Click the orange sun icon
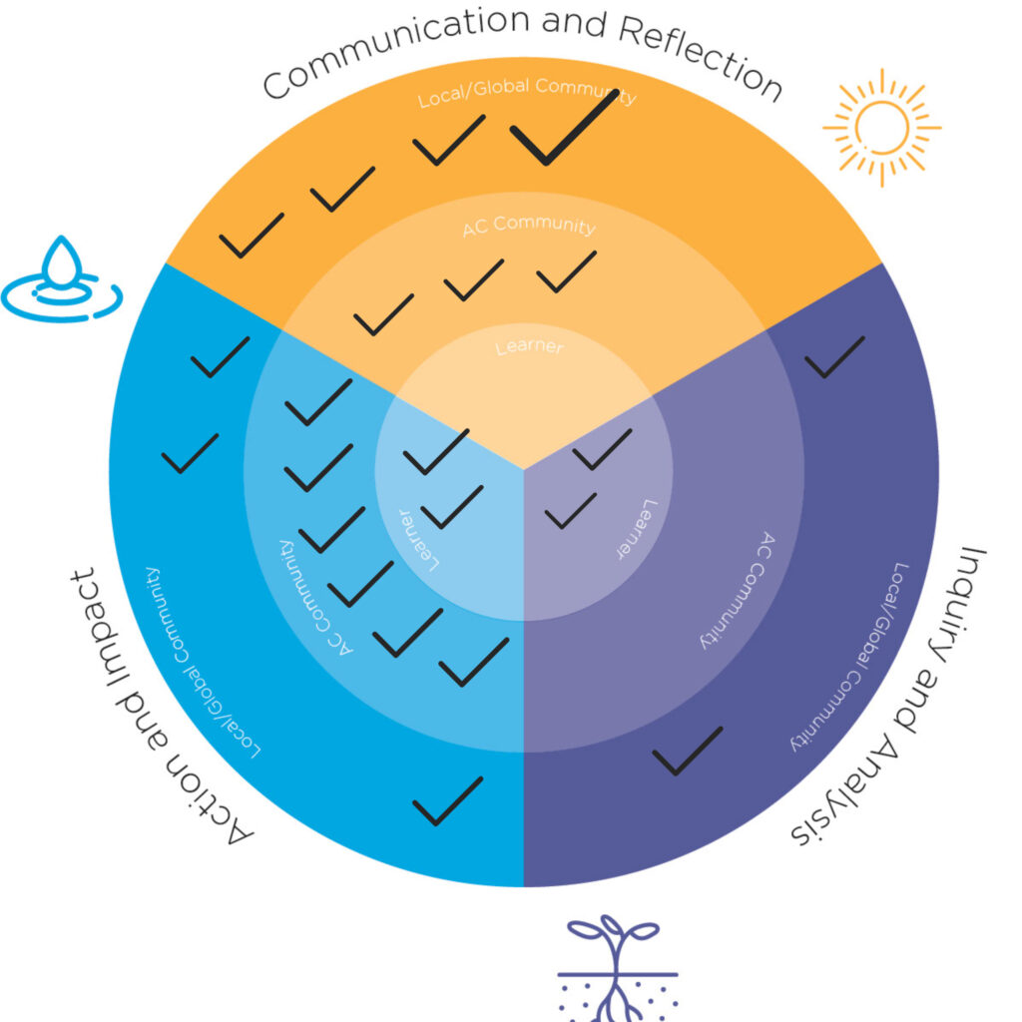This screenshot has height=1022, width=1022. (881, 127)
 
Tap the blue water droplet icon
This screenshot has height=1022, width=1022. (62, 278)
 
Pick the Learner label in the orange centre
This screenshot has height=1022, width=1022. (529, 348)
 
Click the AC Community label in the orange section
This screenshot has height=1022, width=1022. (528, 226)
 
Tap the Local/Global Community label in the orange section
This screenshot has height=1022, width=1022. (527, 92)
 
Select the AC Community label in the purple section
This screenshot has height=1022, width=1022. (734, 589)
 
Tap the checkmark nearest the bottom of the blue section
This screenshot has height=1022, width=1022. (447, 800)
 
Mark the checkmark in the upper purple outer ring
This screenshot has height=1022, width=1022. (834, 356)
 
